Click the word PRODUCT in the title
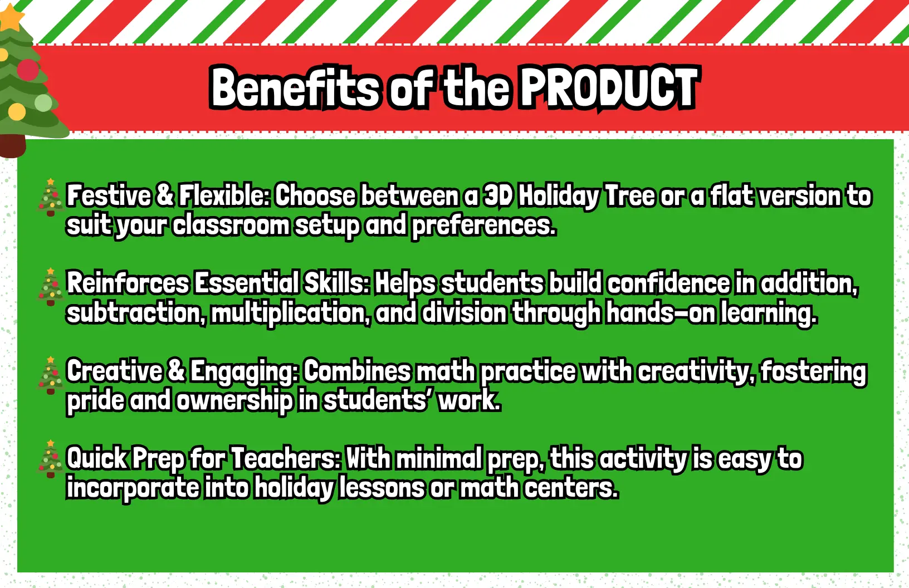point(609,87)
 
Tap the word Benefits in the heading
point(295,87)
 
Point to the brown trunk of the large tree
point(12,146)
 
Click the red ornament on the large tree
point(28,70)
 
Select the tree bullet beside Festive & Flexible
point(50,197)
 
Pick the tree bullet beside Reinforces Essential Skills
point(50,287)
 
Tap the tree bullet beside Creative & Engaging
point(50,375)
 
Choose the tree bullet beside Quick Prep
point(50,459)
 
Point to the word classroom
point(231,224)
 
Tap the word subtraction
point(136,313)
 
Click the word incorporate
point(133,488)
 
